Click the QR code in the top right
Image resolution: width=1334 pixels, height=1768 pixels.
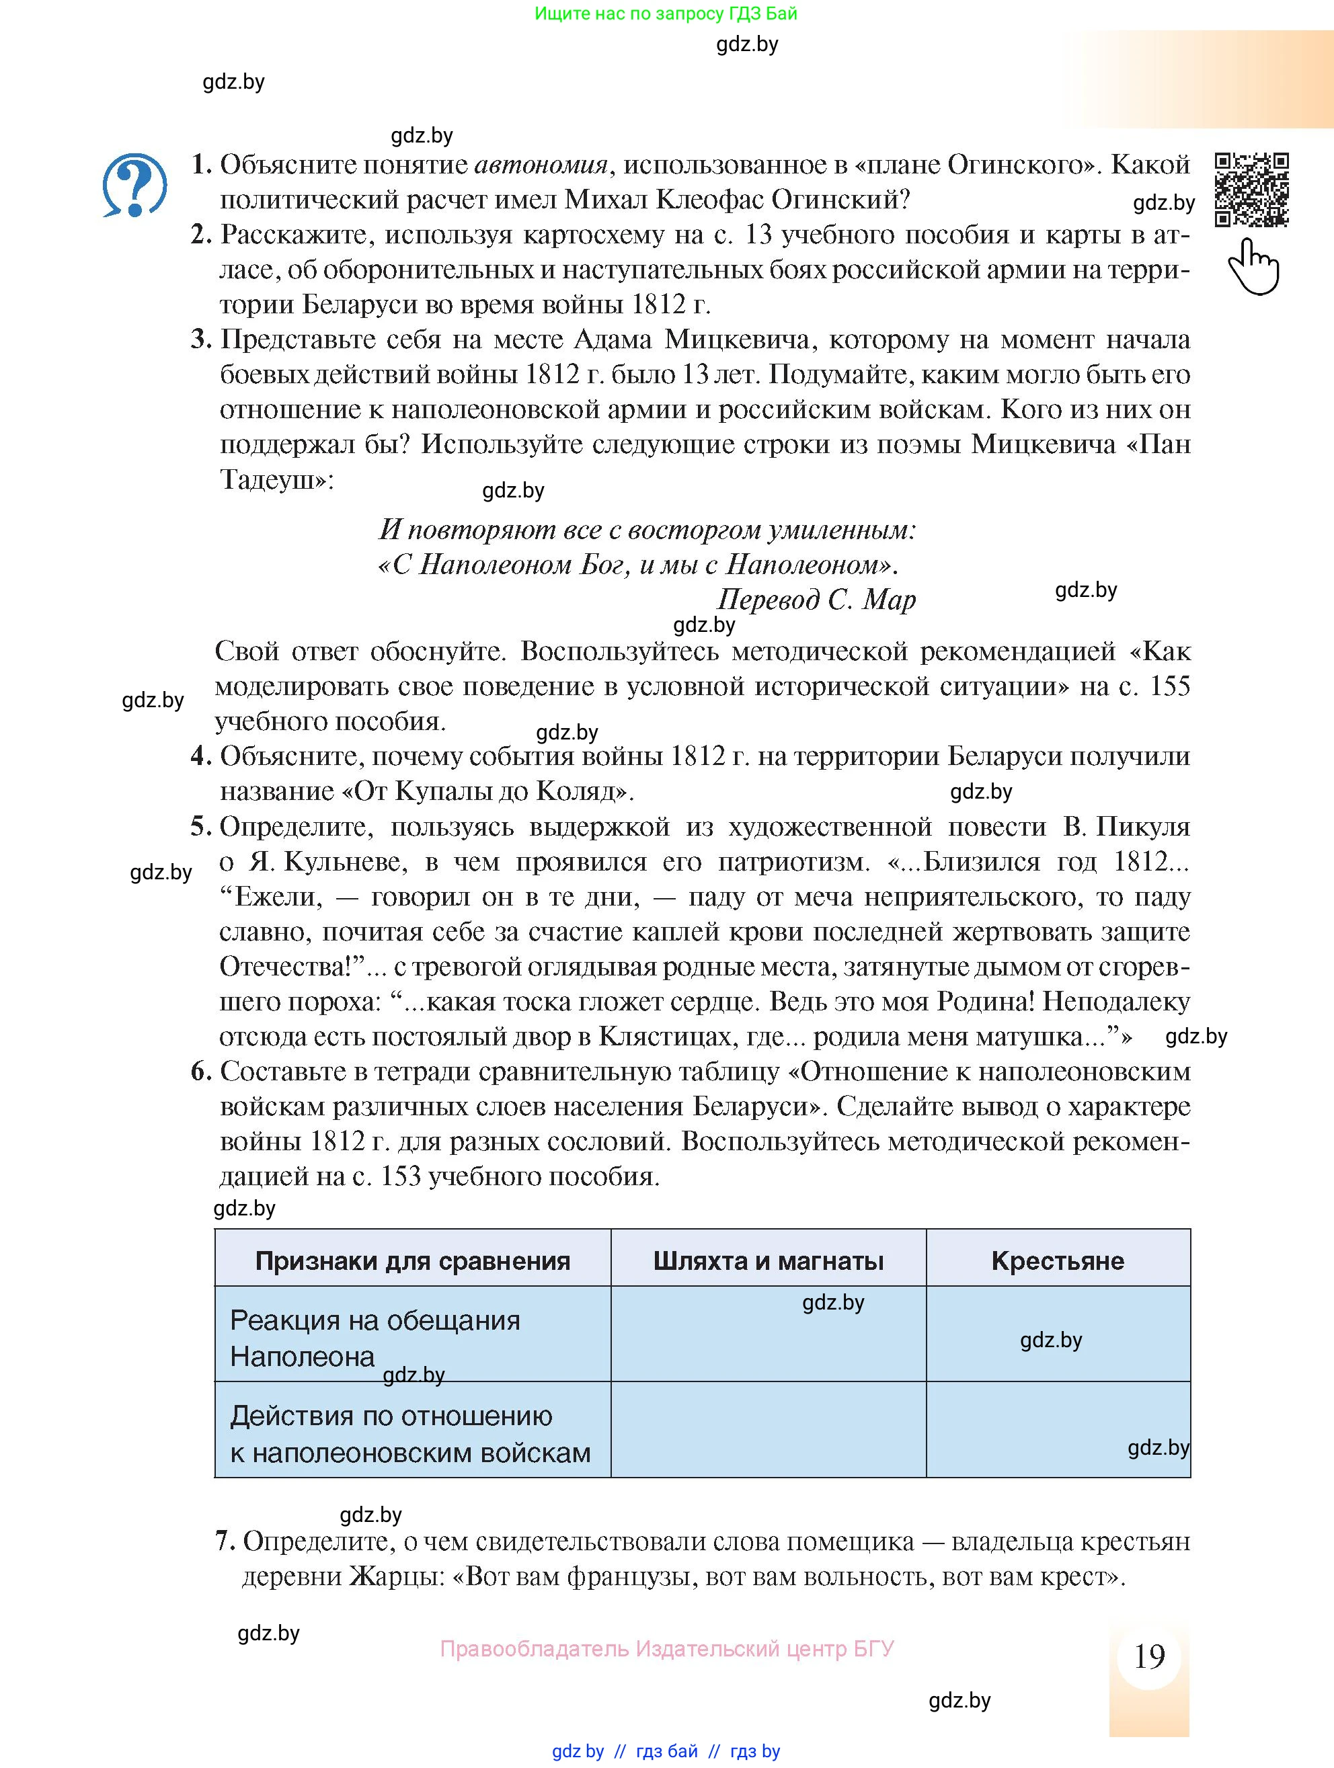pos(1252,190)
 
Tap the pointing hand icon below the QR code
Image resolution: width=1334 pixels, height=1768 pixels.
pos(1253,267)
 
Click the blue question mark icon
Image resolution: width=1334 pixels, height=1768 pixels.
pos(135,186)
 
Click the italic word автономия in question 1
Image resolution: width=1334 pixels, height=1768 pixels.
pos(541,165)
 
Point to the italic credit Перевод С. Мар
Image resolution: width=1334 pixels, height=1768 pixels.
pos(816,600)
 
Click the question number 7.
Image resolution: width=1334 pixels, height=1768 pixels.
pos(224,1541)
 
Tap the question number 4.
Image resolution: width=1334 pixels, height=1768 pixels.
pos(200,756)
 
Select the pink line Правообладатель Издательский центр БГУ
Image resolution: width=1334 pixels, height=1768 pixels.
pos(666,1648)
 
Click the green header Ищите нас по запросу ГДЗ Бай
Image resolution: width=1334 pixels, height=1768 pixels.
pos(666,13)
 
